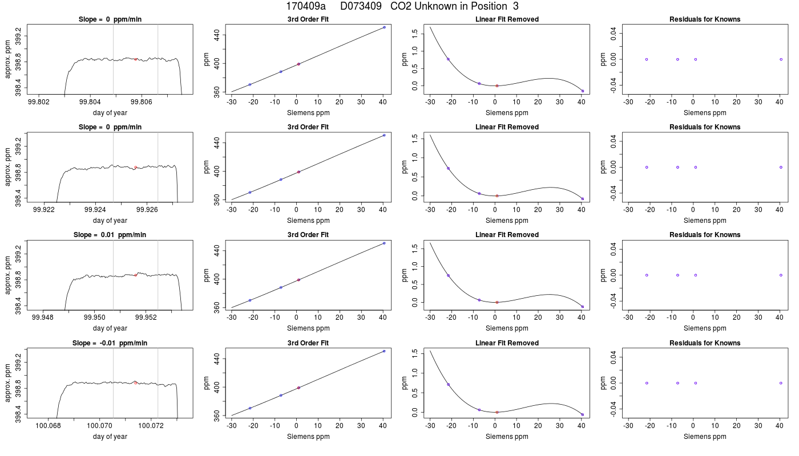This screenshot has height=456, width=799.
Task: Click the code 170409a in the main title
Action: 306,6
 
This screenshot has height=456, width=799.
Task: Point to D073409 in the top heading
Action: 361,6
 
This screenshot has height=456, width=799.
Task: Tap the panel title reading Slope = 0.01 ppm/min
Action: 110,235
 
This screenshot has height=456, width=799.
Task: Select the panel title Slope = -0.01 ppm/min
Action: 110,343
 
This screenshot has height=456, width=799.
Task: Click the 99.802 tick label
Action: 39,102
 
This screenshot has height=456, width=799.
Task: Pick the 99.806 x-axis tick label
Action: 142,102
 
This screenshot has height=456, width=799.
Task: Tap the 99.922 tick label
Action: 44,210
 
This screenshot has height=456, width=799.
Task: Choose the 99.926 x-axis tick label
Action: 147,210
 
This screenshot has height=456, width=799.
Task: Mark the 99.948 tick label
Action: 43,317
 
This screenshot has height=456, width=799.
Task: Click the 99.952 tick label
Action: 146,317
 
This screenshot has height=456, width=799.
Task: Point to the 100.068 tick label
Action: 48,425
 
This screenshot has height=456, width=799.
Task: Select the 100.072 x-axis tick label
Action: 151,425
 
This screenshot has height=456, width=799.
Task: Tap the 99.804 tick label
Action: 90,102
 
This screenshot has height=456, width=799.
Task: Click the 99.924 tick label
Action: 95,210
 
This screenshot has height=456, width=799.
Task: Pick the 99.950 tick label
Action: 95,317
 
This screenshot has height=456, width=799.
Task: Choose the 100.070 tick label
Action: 99,425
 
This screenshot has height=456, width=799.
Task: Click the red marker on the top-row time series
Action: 136,59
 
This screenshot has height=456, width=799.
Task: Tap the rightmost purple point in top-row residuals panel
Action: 781,59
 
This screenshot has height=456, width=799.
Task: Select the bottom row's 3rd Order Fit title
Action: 308,343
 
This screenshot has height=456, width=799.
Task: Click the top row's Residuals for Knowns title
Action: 705,19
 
